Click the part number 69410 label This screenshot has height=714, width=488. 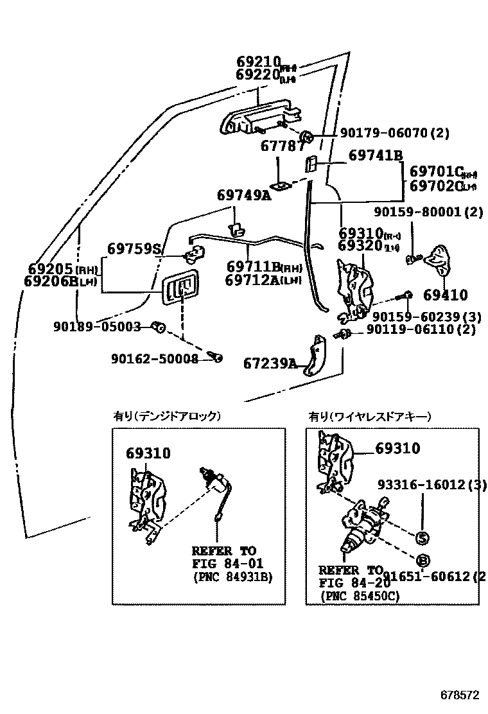click(445, 295)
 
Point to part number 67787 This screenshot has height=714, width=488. click(283, 146)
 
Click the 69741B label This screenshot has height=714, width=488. click(376, 156)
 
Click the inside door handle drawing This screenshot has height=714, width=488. click(180, 287)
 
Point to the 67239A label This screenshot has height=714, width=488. click(270, 363)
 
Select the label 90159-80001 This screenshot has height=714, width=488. click(428, 212)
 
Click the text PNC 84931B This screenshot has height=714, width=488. click(232, 577)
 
